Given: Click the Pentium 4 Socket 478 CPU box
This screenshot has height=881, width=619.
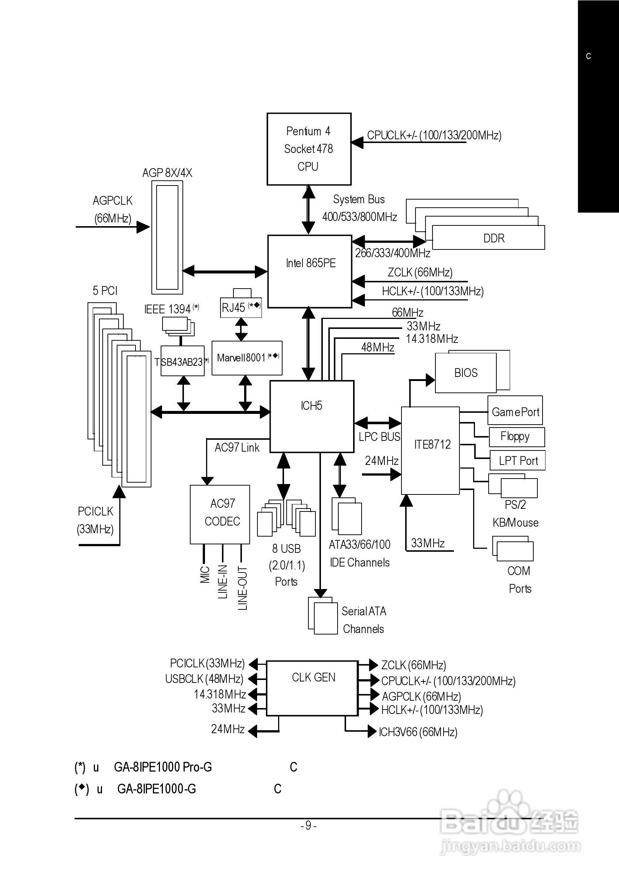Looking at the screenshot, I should [309, 149].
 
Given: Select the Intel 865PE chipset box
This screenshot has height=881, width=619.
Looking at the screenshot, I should [309, 271].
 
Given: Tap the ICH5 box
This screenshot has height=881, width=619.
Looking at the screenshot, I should [311, 416].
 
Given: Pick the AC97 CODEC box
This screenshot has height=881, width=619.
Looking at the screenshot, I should [220, 514].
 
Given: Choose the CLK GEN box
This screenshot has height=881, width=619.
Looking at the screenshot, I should [312, 688].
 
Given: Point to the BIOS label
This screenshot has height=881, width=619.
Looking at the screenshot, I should [466, 373].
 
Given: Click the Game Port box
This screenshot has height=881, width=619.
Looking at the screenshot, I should [515, 410].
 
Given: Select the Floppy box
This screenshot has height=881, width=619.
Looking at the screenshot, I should [516, 437].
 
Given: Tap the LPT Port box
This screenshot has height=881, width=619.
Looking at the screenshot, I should [517, 460].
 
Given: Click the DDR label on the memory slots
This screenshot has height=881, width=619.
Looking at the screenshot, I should [493, 238].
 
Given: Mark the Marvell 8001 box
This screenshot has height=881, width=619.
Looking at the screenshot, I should [247, 358].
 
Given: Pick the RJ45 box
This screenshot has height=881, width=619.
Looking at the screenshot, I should [241, 307].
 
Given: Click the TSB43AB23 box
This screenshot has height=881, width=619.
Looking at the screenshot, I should [182, 361].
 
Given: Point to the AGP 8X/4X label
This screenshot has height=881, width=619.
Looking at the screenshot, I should [167, 173].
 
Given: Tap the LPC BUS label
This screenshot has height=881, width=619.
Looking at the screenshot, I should [379, 437].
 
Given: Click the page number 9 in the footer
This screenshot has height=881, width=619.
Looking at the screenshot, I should [308, 825].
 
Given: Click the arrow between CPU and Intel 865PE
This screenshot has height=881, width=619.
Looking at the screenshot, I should [308, 210].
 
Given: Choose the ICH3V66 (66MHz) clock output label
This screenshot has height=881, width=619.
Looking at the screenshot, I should [418, 732].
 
